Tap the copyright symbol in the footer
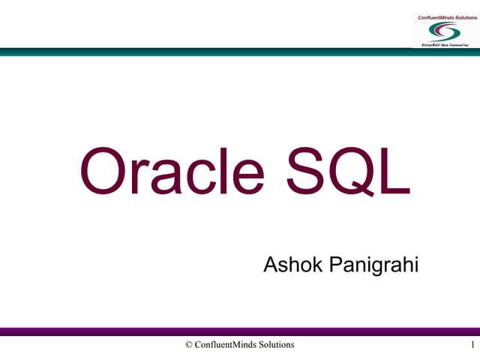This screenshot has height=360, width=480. coord(188,344)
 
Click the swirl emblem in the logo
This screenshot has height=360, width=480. coord(443,31)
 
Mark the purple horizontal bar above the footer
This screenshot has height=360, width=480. coord(240,331)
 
